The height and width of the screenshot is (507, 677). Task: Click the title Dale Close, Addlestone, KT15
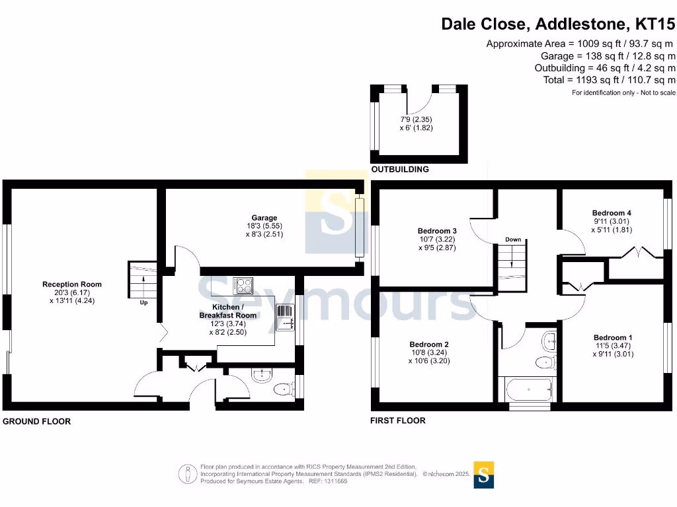click(x=559, y=24)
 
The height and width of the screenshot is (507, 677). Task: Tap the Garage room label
click(x=264, y=218)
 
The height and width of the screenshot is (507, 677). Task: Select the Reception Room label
click(x=72, y=285)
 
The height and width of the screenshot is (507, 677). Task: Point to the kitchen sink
click(x=285, y=316)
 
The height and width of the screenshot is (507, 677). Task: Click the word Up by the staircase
click(x=143, y=303)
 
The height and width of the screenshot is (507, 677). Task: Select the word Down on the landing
click(x=513, y=240)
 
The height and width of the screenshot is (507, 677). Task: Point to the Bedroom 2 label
click(x=429, y=345)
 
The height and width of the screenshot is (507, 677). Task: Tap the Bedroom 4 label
click(x=612, y=213)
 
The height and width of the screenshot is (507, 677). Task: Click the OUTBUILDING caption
click(x=400, y=170)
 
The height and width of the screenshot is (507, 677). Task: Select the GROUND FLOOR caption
click(x=37, y=421)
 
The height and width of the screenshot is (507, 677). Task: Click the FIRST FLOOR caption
click(x=399, y=421)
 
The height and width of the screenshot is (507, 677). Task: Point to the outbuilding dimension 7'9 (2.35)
click(x=416, y=119)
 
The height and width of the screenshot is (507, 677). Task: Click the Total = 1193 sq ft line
click(x=605, y=80)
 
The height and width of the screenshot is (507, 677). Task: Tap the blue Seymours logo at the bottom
click(x=484, y=474)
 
